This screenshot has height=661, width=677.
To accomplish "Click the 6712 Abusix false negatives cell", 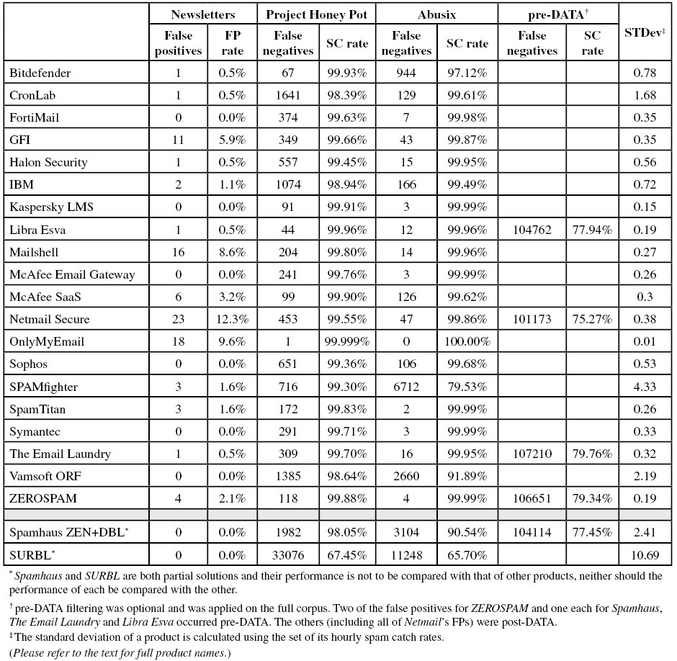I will [406, 387].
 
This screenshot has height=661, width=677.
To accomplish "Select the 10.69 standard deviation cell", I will [645, 555].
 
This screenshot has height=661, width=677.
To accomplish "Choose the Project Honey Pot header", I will [317, 14].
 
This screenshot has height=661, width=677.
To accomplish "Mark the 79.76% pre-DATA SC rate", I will [593, 454].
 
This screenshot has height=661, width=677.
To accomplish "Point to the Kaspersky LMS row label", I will [52, 207].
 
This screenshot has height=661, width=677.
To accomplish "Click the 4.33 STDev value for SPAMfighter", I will [645, 387].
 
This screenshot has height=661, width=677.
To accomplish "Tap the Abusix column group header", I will [436, 14].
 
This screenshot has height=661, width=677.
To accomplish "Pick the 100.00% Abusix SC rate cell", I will [467, 342].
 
